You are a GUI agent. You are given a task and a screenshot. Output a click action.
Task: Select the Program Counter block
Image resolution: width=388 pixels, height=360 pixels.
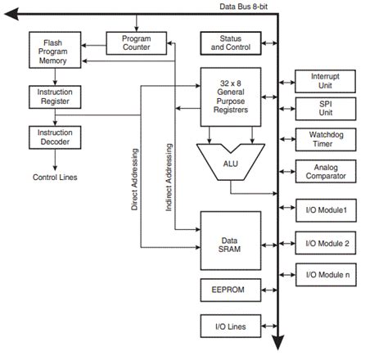tap(136, 43)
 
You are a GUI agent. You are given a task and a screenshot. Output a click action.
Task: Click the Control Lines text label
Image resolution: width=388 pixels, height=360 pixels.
tap(55, 176)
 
